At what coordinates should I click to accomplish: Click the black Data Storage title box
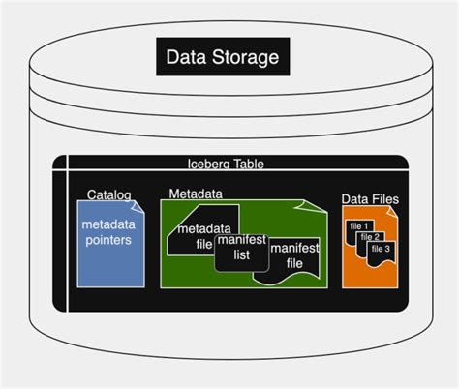pyautogui.click(x=222, y=57)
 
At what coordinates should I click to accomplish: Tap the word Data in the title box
pyautogui.click(x=187, y=58)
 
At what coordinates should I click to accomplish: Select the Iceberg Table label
pyautogui.click(x=225, y=164)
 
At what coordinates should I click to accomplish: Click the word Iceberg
pyautogui.click(x=209, y=164)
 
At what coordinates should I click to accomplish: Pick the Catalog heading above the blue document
pyautogui.click(x=108, y=194)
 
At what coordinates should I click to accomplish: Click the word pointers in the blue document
pyautogui.click(x=107, y=240)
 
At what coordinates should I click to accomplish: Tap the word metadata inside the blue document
pyautogui.click(x=107, y=224)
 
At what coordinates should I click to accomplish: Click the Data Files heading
pyautogui.click(x=369, y=199)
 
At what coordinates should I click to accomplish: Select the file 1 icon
pyautogui.click(x=358, y=226)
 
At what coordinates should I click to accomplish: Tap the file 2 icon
pyautogui.click(x=369, y=237)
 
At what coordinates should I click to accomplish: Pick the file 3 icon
pyautogui.click(x=381, y=250)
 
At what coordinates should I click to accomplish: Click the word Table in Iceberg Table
pyautogui.click(x=248, y=164)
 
